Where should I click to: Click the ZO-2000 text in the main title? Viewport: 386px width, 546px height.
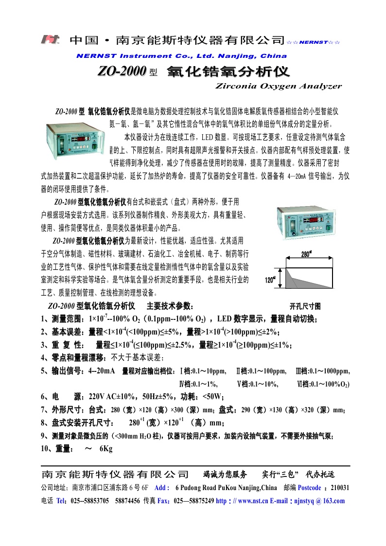pyautogui.click(x=122, y=72)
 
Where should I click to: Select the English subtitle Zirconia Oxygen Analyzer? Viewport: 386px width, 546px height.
pyautogui.click(x=278, y=86)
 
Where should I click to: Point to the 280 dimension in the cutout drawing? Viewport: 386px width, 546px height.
pyautogui.click(x=306, y=254)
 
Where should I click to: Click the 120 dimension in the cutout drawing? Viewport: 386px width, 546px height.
pyautogui.click(x=270, y=280)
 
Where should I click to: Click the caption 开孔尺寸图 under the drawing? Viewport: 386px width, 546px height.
pyautogui.click(x=305, y=306)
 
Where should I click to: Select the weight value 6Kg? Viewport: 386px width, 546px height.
pyautogui.click(x=105, y=449)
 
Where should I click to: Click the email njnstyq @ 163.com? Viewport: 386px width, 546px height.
pyautogui.click(x=320, y=501)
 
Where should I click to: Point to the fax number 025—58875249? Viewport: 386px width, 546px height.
pyautogui.click(x=193, y=501)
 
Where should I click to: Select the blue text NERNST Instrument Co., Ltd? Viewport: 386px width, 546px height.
pyautogui.click(x=146, y=56)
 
